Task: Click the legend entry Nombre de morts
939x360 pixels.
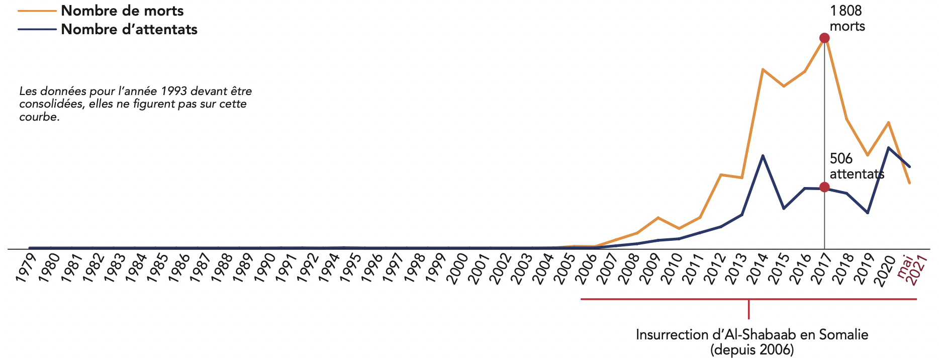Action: click(122, 11)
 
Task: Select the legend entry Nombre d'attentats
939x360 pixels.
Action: click(129, 29)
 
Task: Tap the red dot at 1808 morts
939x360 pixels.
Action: click(824, 38)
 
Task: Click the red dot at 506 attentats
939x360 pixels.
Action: click(824, 187)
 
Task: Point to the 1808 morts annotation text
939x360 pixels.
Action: click(847, 19)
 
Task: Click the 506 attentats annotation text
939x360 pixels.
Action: click(856, 166)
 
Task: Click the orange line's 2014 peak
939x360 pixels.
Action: click(763, 69)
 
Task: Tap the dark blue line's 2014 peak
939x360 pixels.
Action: click(763, 156)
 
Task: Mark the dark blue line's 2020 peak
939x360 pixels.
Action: click(888, 148)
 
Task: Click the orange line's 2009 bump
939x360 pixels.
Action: click(658, 218)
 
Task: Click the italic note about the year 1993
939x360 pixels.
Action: click(135, 104)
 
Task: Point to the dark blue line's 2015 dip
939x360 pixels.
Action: click(784, 208)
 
